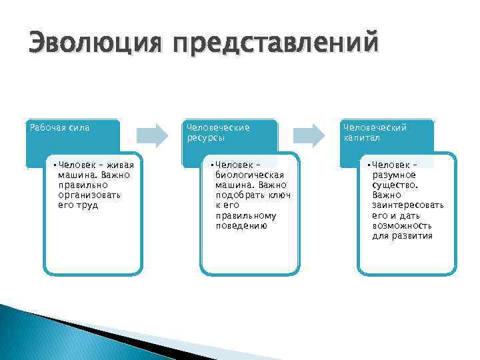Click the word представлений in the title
point(274,45)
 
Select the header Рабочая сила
point(60,127)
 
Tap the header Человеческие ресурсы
point(218,132)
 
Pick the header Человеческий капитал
point(375,132)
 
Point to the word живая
point(119,165)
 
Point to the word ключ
point(279,195)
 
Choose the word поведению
point(241,226)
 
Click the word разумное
point(395,175)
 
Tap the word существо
point(395,185)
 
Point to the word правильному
point(245,215)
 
